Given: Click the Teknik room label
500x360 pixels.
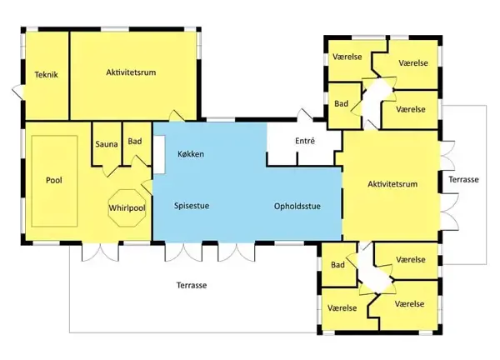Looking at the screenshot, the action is coord(46,75).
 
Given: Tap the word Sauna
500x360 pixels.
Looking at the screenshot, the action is coord(107,144).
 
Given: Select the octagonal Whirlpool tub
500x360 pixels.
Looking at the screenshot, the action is coord(127,208).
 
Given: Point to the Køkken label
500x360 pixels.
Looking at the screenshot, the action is coord(191,154).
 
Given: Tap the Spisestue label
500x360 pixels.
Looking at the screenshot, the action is coord(192,205).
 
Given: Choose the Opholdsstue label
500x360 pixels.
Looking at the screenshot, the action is coord(297,207).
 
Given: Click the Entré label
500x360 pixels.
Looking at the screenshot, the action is coord(305,141).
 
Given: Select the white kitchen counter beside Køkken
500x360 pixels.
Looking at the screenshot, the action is coord(159,155).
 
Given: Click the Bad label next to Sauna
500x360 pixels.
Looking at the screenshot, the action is coord(135,142).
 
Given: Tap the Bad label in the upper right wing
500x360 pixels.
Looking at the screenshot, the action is coord(341,103).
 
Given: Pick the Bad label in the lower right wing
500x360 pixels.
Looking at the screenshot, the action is coord(337,265).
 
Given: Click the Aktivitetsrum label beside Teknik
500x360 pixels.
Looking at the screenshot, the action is coord(131,72).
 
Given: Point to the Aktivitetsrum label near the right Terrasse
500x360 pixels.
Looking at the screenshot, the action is coord(392,184).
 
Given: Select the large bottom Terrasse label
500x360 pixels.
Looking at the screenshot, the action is coord(192,285).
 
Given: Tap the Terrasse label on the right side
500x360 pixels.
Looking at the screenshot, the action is coord(463,179).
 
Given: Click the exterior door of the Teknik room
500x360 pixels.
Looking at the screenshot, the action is coord(18,92).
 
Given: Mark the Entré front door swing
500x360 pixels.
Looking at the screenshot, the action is coord(305,114).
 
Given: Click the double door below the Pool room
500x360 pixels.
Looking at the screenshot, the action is coord(101,252).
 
